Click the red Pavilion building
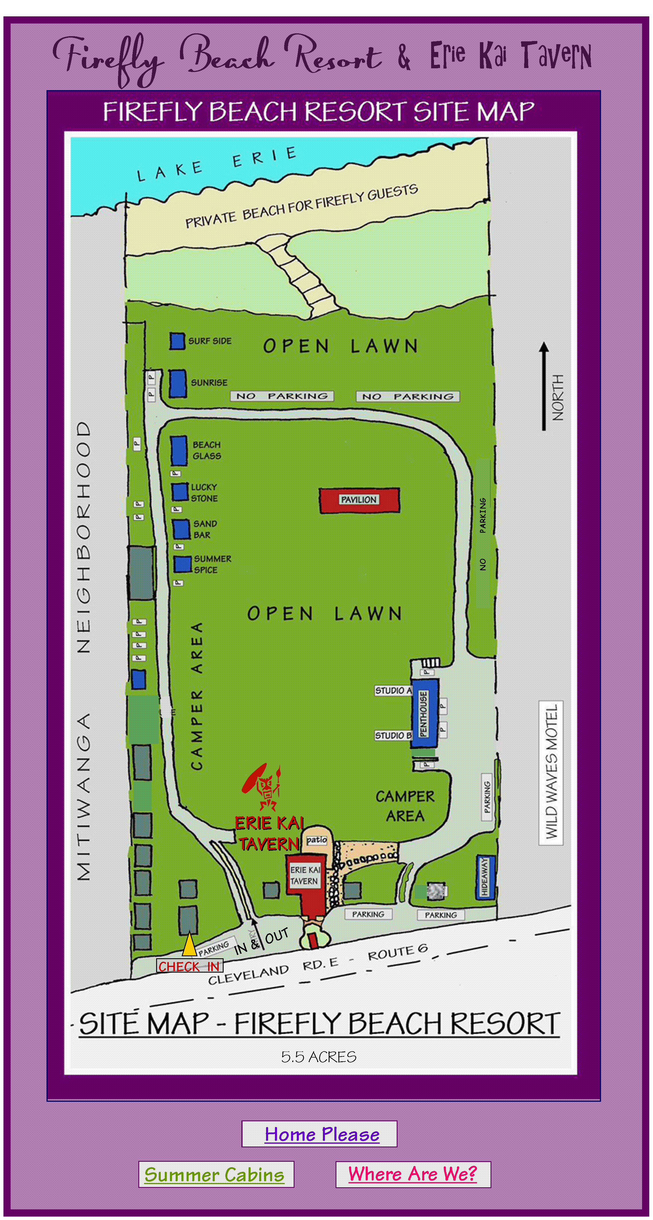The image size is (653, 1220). click(x=359, y=500)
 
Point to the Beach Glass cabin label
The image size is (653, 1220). click(x=206, y=450)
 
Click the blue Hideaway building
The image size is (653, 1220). click(x=485, y=877)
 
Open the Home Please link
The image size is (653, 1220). click(x=322, y=1134)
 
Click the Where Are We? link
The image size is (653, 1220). click(x=412, y=1174)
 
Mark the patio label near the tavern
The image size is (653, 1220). click(x=316, y=840)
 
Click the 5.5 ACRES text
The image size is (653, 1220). click(x=319, y=1057)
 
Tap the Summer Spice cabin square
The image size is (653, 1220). click(x=182, y=564)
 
